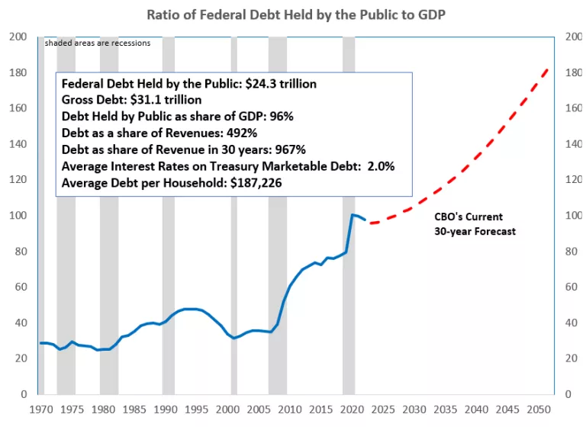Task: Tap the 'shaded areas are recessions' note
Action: [97, 43]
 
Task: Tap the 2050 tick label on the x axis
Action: [539, 410]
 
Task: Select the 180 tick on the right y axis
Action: [572, 73]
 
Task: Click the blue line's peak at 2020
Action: [352, 215]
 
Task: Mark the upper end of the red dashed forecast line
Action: [547, 69]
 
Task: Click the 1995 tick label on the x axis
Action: [197, 410]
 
